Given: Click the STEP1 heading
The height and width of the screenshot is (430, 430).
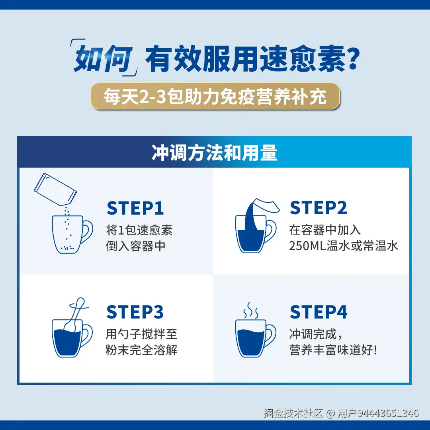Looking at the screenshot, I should click(x=135, y=208).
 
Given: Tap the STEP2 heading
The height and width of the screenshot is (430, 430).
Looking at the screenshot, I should click(x=318, y=208).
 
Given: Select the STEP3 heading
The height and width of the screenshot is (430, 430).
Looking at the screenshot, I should click(x=135, y=313).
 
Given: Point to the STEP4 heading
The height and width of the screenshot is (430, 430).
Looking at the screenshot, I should click(x=319, y=313).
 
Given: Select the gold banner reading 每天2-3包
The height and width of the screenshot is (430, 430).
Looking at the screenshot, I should click(x=215, y=96).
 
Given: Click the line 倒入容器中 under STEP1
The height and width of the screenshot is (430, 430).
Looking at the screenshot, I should click(x=136, y=246).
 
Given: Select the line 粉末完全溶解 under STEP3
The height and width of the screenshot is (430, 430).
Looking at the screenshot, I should click(x=141, y=350).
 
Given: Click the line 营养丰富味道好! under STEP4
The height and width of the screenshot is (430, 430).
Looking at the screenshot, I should click(x=333, y=350).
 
